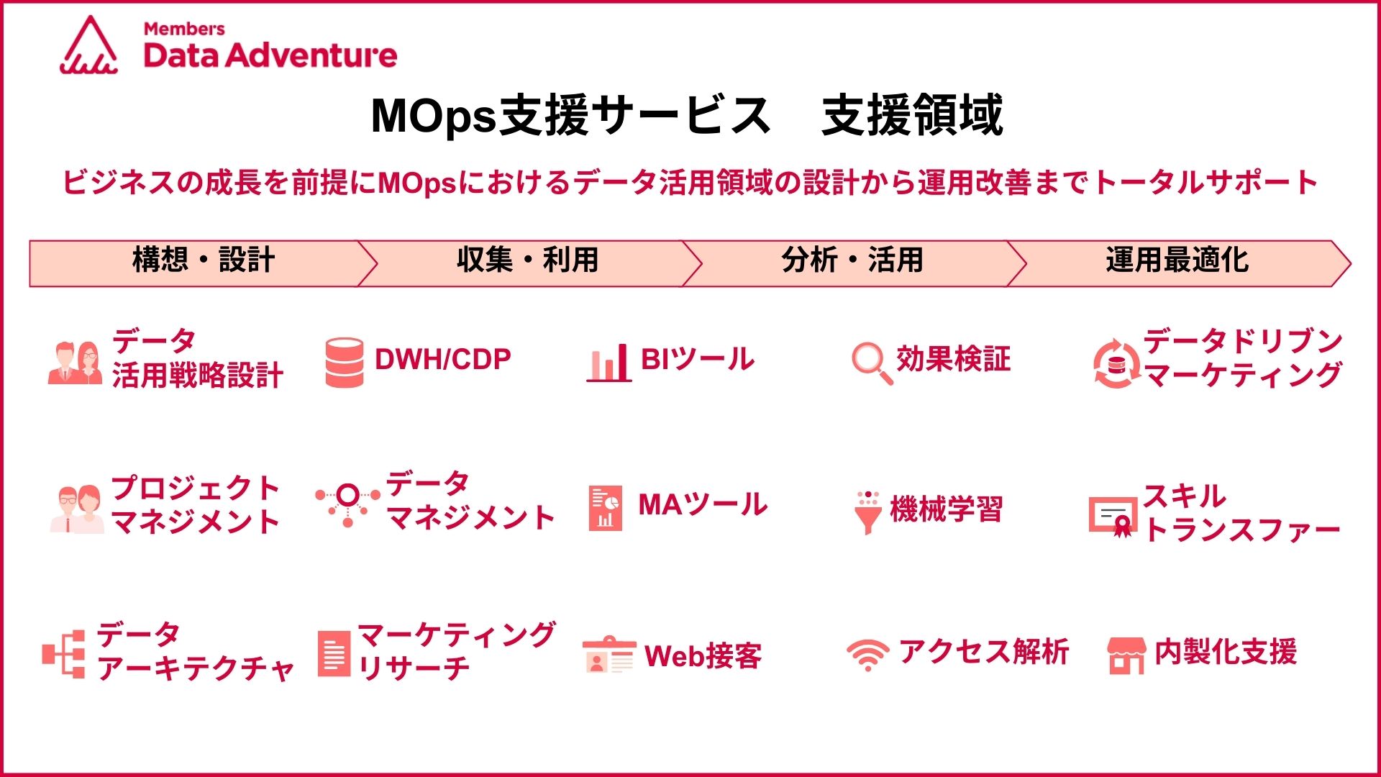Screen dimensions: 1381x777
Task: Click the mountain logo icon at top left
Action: tap(89, 45)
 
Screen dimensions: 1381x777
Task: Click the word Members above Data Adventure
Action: tap(184, 29)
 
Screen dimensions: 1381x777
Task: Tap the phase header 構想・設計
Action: tap(204, 260)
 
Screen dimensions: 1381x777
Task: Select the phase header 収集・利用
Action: tap(527, 260)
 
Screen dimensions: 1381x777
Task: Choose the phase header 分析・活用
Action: tap(852, 260)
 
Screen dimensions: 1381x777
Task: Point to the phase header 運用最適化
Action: tap(1177, 260)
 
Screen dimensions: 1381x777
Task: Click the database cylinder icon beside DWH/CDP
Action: tap(345, 363)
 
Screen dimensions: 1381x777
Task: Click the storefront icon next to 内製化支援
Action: tap(1126, 655)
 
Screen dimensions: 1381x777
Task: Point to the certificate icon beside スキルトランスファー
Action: tap(1112, 517)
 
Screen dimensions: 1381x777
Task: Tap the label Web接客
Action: tap(703, 655)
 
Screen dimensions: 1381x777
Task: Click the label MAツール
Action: tap(703, 504)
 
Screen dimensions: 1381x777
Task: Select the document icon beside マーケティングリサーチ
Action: tap(334, 654)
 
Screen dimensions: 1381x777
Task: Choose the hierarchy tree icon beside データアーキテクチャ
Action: tap(64, 654)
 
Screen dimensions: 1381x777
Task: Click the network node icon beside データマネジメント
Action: tap(348, 504)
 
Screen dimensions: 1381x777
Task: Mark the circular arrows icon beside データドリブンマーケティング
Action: tap(1116, 364)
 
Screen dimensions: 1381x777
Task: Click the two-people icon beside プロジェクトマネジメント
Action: tap(77, 509)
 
